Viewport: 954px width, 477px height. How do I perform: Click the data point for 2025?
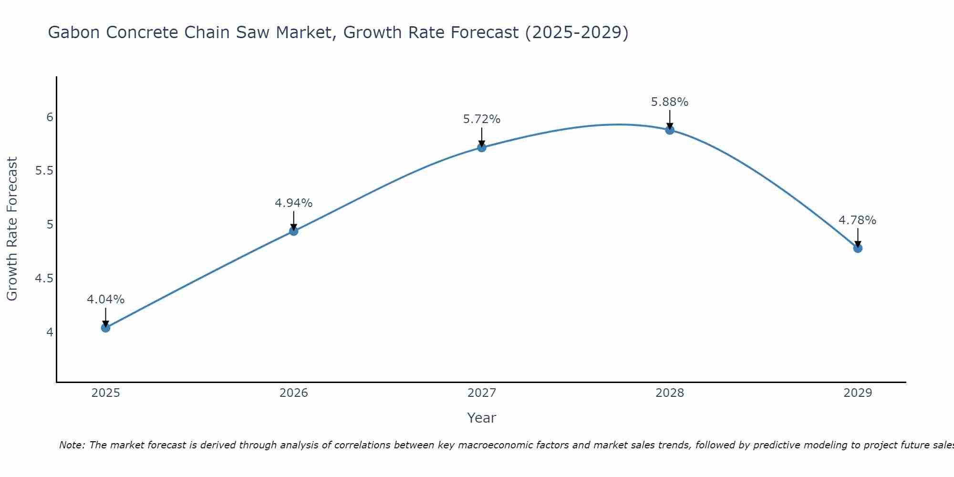[x=105, y=328]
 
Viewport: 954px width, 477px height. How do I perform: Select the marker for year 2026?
[x=294, y=231]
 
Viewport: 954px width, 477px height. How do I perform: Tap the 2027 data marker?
[x=482, y=147]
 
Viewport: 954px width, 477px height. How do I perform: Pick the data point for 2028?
[x=670, y=130]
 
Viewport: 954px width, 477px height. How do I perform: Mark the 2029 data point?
[x=858, y=248]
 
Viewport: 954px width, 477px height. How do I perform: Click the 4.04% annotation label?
[x=105, y=300]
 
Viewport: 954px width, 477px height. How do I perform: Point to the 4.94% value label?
[x=294, y=203]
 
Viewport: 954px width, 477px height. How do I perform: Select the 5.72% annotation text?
[x=482, y=119]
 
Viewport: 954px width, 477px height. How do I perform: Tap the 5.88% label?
[x=670, y=102]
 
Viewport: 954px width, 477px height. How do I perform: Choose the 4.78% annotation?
[x=858, y=220]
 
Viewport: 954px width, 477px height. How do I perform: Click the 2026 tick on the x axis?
[x=294, y=393]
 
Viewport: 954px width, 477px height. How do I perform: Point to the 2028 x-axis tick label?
[x=670, y=393]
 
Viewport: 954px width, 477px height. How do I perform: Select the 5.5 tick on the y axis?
[x=44, y=171]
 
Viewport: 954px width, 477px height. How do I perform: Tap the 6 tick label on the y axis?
[x=50, y=117]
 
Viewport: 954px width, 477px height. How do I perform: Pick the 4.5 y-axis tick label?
[x=44, y=279]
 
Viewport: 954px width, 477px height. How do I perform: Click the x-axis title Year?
[x=482, y=418]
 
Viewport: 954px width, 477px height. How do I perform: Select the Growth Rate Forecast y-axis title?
[x=12, y=229]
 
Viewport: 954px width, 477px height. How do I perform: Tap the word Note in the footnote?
[x=72, y=445]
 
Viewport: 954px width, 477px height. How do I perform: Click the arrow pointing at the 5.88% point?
[x=670, y=119]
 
